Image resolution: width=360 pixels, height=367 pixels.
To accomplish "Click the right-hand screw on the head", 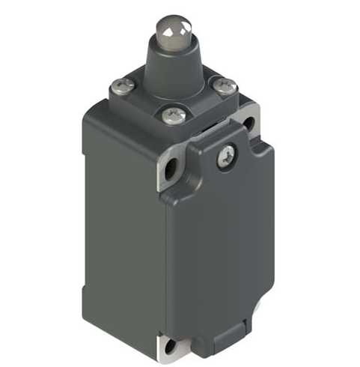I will (222, 88).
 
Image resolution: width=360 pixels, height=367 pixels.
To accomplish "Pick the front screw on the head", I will (170, 115).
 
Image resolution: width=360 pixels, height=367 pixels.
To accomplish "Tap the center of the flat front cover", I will (221, 247).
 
